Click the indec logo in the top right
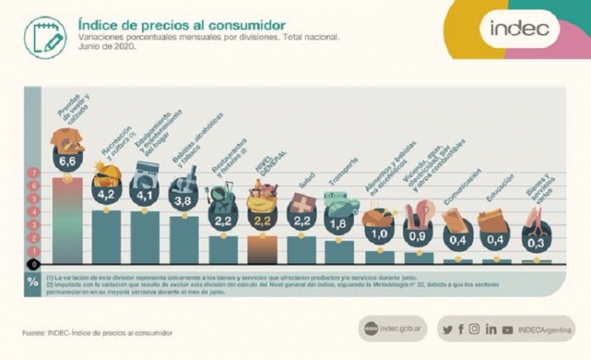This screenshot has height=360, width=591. pos(524,29)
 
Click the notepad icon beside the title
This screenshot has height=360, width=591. pos(45,37)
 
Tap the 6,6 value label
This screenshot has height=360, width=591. pos(68,161)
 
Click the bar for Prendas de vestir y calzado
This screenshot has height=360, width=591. pos(68,221)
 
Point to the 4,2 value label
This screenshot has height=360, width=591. pos(106,193)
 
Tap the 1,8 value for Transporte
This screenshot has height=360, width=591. pos(340,224)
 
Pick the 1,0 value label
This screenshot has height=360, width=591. pos(379,235)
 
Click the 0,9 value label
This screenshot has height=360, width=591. pos(418,236)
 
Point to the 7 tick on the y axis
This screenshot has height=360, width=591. pos(33,173)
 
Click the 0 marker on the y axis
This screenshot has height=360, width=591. pos(33,264)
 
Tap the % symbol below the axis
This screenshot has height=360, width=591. pos(33,281)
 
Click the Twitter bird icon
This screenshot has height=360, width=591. pos(448,329)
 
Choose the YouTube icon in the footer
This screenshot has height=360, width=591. pos(507,329)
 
